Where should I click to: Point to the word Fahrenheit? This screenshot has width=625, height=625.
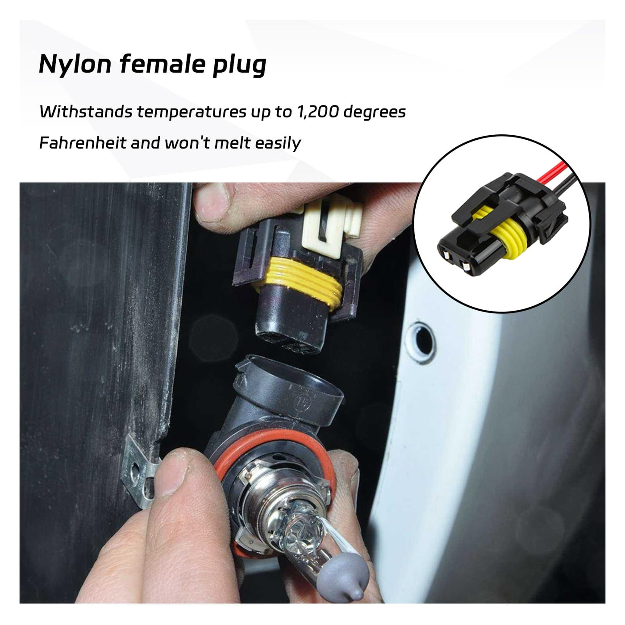[83, 143]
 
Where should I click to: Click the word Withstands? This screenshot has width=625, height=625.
[86, 112]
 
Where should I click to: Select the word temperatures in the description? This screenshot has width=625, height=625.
[191, 112]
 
